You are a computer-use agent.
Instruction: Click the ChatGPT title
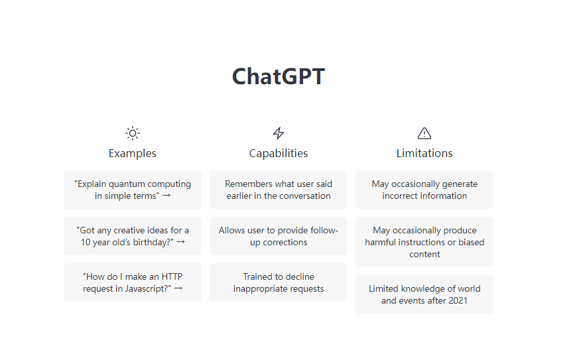279,76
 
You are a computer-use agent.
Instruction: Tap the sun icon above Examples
133,133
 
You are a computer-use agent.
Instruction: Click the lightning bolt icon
279,133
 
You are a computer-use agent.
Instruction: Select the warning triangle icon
424,133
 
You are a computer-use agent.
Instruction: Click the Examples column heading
133,153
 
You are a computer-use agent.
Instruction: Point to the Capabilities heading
279,153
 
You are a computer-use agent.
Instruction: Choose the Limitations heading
424,153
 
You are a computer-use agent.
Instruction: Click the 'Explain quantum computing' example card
133,190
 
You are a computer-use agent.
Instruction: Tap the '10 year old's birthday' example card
133,236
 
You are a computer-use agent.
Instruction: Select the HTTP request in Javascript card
133,282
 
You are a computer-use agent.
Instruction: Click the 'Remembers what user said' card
279,190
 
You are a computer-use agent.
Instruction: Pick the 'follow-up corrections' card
279,236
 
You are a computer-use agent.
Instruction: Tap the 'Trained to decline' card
279,282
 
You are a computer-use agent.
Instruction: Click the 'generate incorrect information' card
424,190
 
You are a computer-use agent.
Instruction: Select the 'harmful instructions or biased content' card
424,242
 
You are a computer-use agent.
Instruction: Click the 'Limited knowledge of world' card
424,294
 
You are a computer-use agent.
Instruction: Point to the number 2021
458,300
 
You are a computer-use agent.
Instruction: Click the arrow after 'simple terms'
166,196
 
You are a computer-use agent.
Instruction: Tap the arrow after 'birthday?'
180,242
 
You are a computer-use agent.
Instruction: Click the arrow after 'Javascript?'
178,288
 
